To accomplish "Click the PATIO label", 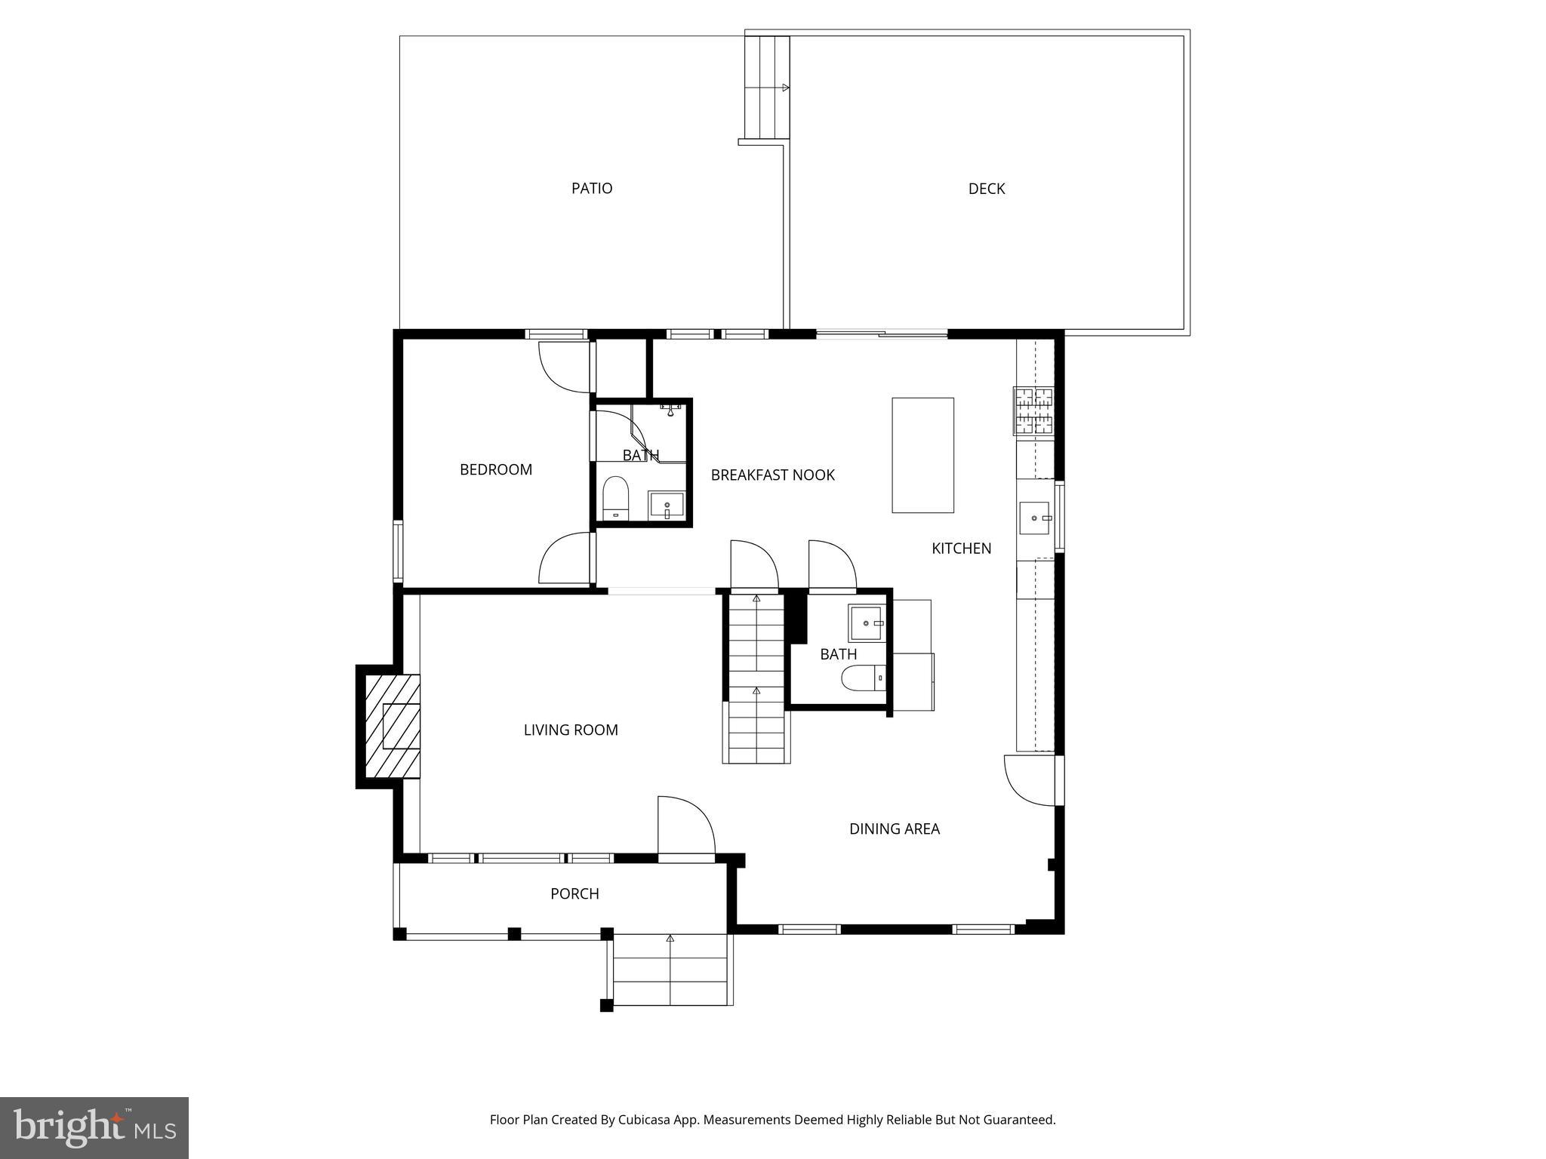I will [592, 189].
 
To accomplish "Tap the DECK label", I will [987, 189].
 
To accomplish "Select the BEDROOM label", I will [496, 469].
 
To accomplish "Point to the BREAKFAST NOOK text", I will [773, 475].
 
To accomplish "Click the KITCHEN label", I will [962, 549].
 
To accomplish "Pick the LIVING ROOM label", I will [571, 730].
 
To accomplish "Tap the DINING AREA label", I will [895, 829].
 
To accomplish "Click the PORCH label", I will [574, 893].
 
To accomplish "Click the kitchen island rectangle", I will [922, 455].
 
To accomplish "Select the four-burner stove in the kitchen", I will [1033, 411].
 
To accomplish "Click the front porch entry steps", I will [670, 970].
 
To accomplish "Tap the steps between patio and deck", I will [766, 88].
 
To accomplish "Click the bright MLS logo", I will [94, 1127].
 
